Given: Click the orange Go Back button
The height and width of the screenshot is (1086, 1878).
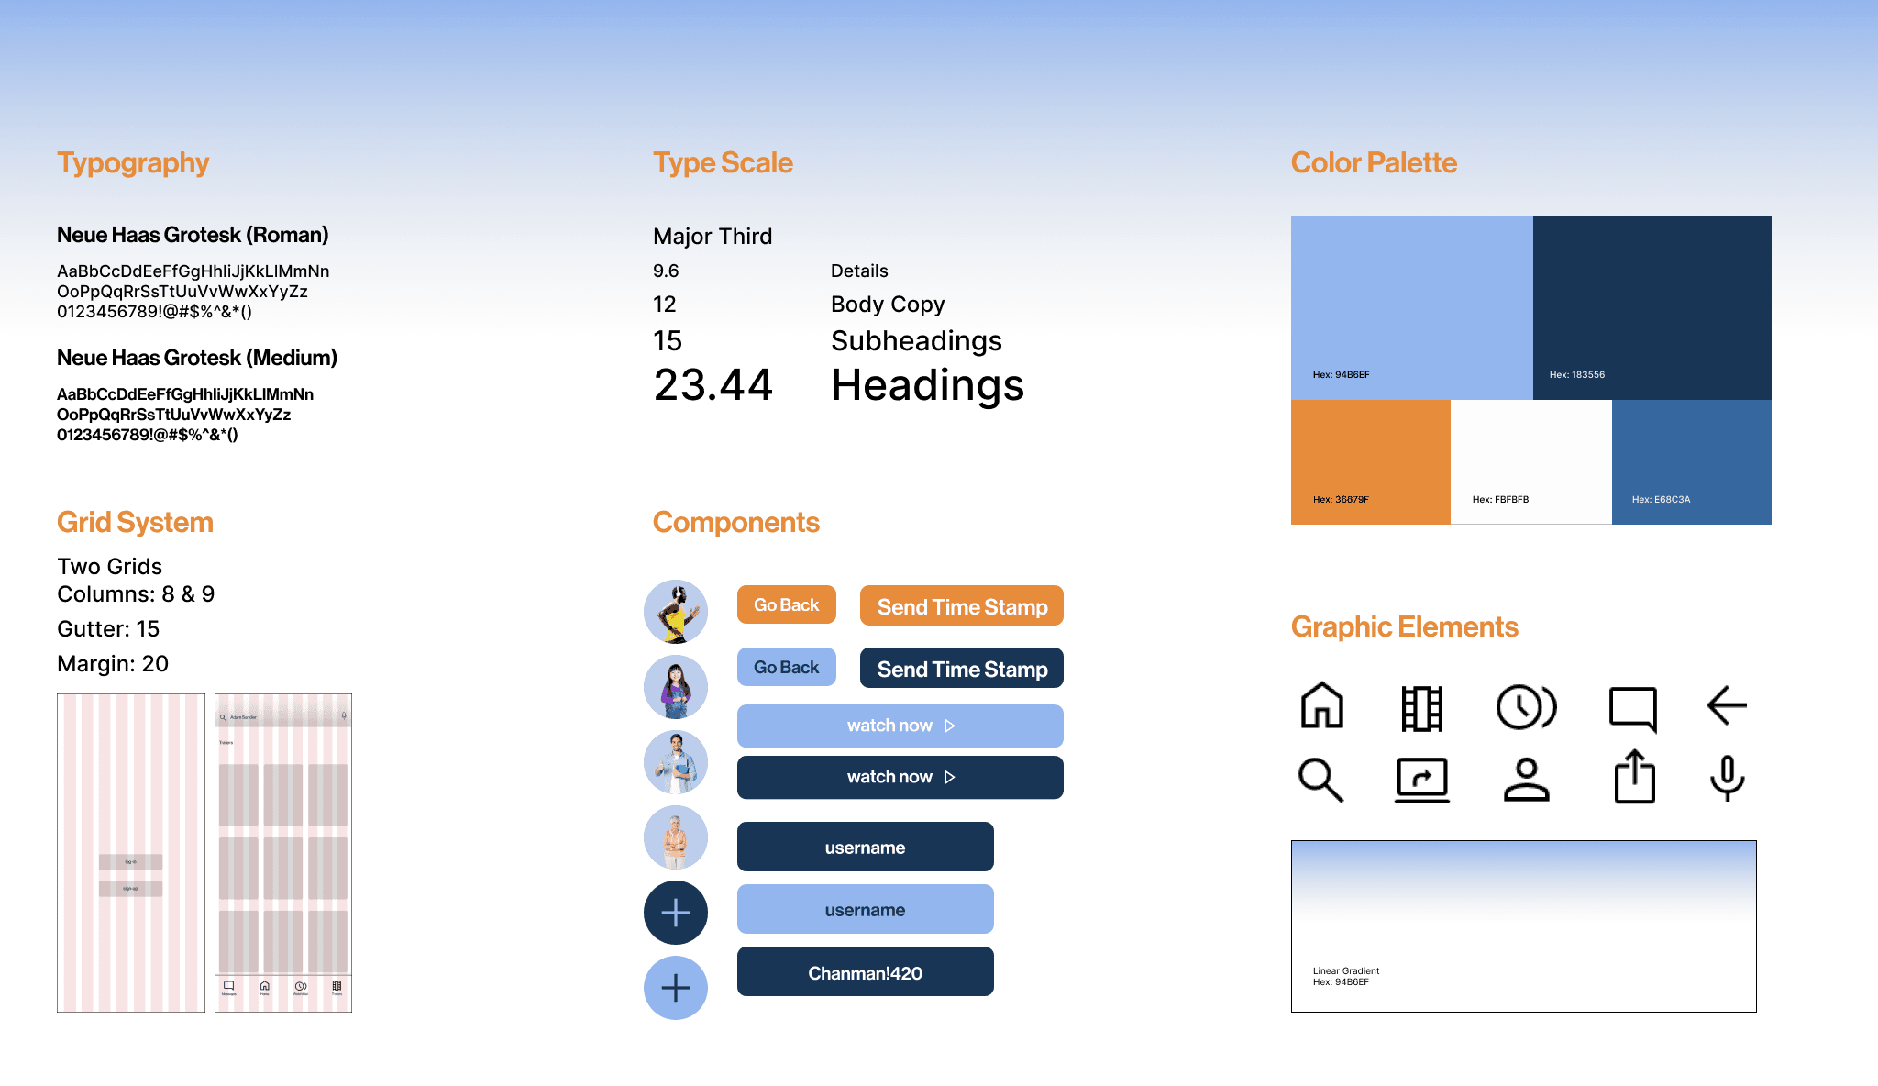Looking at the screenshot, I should tap(786, 605).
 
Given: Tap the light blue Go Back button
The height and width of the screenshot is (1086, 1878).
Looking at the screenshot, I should tap(786, 668).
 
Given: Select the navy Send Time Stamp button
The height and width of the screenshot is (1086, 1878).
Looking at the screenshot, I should tap(961, 669).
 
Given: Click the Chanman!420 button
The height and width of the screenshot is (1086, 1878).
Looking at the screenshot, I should tap(865, 972).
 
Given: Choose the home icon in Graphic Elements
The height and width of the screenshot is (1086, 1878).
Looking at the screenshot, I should tap(1321, 705).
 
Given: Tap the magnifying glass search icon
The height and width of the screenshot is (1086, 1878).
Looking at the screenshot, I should tap(1320, 780).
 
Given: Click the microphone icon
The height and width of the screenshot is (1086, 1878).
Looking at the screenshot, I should tap(1727, 778).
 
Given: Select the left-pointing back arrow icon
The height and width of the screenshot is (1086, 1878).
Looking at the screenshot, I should tap(1726, 705).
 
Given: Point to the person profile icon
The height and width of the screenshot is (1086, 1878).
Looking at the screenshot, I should tap(1526, 780).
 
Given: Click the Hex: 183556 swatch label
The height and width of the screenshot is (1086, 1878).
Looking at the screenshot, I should tap(1576, 374).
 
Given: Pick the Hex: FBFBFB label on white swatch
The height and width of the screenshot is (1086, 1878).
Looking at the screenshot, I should tap(1500, 499).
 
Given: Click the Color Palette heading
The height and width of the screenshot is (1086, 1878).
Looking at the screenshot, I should tap(1374, 162).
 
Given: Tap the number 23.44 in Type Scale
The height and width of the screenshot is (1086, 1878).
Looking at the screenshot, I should tap(713, 385).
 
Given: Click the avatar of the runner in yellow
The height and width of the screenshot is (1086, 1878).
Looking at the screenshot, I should tap(676, 612).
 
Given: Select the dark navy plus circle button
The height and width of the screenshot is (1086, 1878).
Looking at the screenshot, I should tap(676, 913).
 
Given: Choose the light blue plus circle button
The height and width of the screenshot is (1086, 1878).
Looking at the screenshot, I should tap(676, 988).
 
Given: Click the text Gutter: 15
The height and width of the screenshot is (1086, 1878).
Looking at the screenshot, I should tap(108, 629).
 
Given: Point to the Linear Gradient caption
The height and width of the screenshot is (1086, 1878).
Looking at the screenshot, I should tap(1345, 970).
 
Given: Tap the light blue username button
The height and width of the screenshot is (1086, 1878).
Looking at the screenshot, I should tap(865, 910).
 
